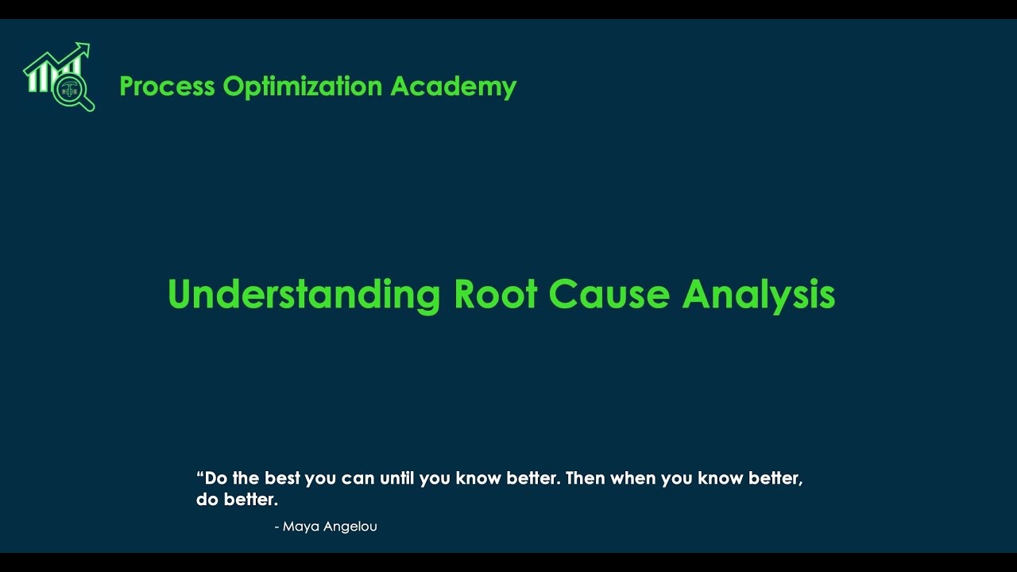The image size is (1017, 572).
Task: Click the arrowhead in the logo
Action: pyautogui.click(x=84, y=49)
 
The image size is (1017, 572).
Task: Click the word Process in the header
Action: pyautogui.click(x=167, y=86)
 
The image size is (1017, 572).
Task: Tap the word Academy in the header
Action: pyautogui.click(x=453, y=86)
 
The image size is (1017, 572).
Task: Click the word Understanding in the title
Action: pyautogui.click(x=304, y=295)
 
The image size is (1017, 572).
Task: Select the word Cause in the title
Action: pyautogui.click(x=609, y=295)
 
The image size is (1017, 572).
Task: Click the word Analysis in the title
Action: pyautogui.click(x=758, y=295)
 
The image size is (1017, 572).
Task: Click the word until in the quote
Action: pyautogui.click(x=396, y=478)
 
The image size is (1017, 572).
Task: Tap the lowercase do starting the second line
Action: pyautogui.click(x=207, y=500)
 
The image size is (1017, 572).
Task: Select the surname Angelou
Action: pyautogui.click(x=350, y=527)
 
